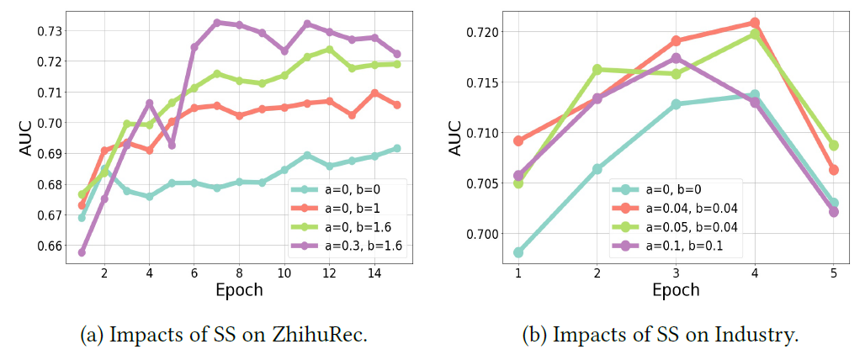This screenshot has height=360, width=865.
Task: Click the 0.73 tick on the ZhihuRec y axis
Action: pyautogui.click(x=49, y=31)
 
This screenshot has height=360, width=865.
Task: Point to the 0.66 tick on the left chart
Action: pyautogui.click(x=49, y=246)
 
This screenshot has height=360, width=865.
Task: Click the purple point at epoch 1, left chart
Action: pyautogui.click(x=82, y=252)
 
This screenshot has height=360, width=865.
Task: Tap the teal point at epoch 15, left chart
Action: pyautogui.click(x=397, y=148)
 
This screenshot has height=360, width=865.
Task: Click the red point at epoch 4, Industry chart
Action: pyautogui.click(x=755, y=23)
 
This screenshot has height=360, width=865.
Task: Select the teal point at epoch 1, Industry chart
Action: pyautogui.click(x=518, y=252)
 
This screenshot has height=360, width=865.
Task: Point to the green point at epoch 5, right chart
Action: pyautogui.click(x=834, y=146)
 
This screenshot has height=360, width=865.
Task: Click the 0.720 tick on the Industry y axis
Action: pyautogui.click(x=483, y=32)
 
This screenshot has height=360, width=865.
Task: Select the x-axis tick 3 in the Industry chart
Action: pyautogui.click(x=676, y=273)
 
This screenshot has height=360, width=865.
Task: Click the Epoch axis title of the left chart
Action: pyautogui.click(x=238, y=290)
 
